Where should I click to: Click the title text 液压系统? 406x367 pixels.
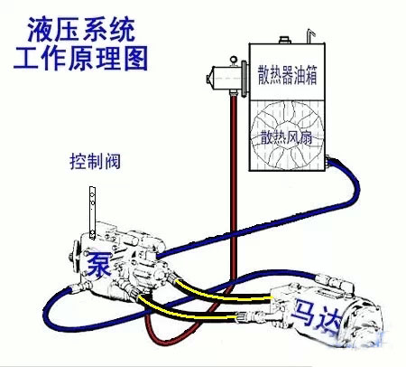pos(81,29)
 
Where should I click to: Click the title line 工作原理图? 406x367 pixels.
pos(80,58)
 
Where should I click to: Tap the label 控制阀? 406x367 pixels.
pos(95,161)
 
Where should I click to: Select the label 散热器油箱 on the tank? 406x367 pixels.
pos(287,74)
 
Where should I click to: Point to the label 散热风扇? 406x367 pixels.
pos(286,137)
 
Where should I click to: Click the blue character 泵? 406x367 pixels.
pos(99,263)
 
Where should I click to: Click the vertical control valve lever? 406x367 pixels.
pos(92,212)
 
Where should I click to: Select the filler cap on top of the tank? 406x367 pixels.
pos(284,40)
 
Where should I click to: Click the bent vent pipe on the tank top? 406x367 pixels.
pos(309,36)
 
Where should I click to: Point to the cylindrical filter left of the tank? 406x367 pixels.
pos(226,78)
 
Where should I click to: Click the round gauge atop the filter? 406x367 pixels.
pos(234,60)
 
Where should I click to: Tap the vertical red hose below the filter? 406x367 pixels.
pos(234,187)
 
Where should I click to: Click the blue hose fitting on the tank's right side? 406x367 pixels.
pos(329,160)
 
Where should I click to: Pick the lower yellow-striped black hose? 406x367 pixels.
pos(187,310)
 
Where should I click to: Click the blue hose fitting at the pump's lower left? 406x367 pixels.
pos(78,287)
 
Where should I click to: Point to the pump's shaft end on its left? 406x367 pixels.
pos(72,257)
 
